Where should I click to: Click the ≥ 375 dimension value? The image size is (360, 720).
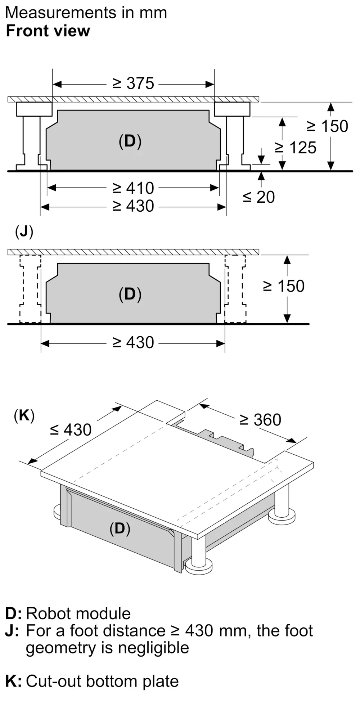click(x=133, y=84)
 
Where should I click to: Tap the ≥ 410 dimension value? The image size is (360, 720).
click(x=133, y=188)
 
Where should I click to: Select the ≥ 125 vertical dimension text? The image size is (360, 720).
click(x=295, y=148)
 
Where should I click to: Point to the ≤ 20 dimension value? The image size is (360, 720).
click(x=258, y=197)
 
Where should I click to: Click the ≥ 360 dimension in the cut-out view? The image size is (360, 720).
click(x=260, y=420)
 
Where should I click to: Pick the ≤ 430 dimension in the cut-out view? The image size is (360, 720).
click(x=71, y=429)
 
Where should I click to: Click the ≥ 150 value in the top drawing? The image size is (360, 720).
click(x=327, y=126)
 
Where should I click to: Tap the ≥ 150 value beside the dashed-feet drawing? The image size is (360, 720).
click(x=284, y=286)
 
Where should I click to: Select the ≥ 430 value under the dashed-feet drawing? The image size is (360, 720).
click(x=133, y=342)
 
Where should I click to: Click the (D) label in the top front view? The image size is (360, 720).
click(x=130, y=141)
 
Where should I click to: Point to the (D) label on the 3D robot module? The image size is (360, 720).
click(x=120, y=528)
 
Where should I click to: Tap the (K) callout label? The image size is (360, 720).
click(x=24, y=415)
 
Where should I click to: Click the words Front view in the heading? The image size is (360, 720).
click(x=48, y=31)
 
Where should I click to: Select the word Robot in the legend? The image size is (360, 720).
click(x=48, y=613)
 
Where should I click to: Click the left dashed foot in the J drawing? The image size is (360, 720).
click(x=30, y=289)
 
